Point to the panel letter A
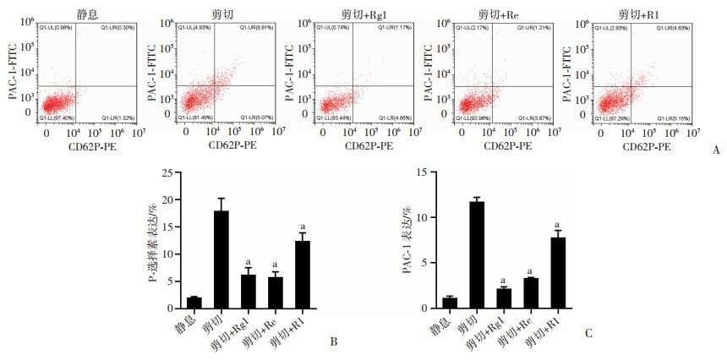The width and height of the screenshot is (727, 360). (x=716, y=150)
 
